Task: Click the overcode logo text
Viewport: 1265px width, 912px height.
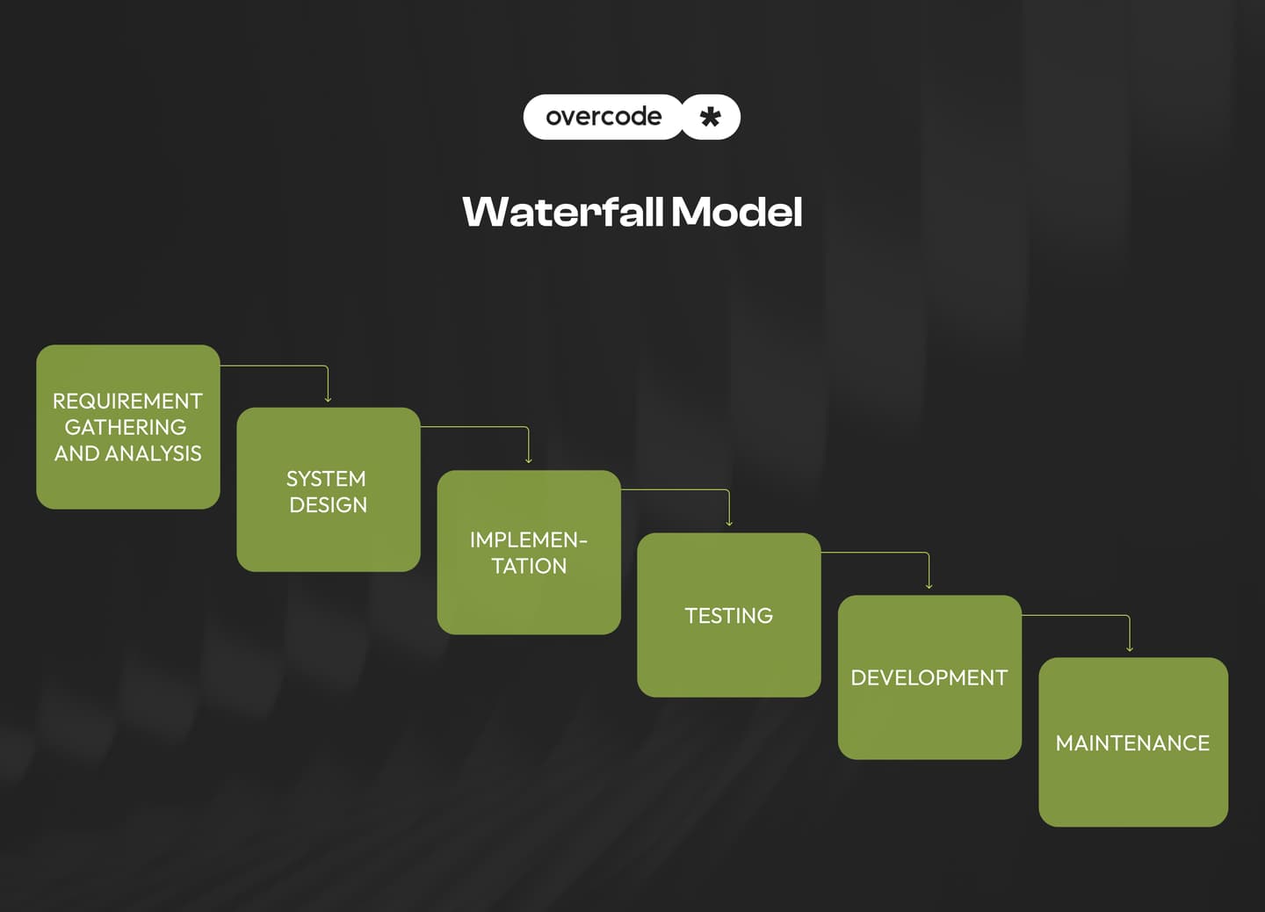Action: tap(603, 116)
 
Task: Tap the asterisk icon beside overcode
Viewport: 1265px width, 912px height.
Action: tap(711, 117)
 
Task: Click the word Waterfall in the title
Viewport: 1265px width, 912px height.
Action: tap(562, 212)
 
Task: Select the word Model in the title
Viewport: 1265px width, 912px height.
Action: tap(736, 212)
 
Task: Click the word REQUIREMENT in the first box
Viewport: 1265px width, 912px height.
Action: tap(127, 401)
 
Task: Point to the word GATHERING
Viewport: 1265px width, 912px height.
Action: tap(126, 427)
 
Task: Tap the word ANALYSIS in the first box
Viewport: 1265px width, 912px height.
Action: tap(153, 453)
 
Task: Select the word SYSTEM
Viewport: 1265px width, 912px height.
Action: tap(326, 479)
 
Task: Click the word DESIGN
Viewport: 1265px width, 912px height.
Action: tap(328, 505)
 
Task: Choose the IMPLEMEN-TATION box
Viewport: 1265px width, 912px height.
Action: tap(529, 553)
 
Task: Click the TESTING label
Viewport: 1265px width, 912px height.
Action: tap(728, 616)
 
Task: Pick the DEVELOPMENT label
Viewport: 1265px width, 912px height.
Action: tap(929, 678)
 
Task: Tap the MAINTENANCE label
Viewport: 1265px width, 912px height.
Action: tap(1132, 743)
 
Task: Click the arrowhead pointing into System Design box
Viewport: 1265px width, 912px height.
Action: tap(328, 400)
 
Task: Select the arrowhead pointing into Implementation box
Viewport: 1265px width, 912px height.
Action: tap(528, 460)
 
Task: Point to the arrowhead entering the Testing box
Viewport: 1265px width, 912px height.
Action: tap(729, 523)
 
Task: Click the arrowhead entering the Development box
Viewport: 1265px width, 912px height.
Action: tap(929, 586)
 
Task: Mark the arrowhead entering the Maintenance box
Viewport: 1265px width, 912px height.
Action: tap(1130, 648)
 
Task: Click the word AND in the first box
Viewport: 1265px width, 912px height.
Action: tap(77, 453)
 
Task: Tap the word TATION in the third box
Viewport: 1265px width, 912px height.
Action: tap(529, 566)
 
